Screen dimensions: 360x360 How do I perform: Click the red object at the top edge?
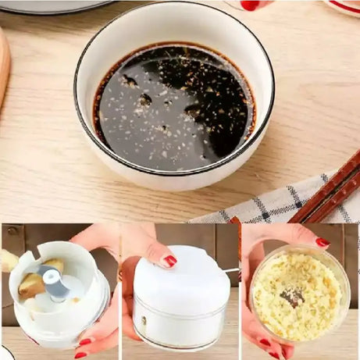(x=250, y=5)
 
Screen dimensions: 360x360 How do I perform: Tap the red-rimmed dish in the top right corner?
(x=344, y=7)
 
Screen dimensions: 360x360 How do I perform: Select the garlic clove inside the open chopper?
(x=31, y=286)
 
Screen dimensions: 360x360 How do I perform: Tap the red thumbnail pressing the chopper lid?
(x=169, y=261)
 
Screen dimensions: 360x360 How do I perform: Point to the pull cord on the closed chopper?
(x=230, y=271)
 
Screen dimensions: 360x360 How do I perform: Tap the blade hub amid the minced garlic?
(x=293, y=298)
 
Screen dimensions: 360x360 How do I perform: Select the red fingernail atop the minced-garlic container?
(x=322, y=243)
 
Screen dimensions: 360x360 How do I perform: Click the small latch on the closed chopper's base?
(x=142, y=320)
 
